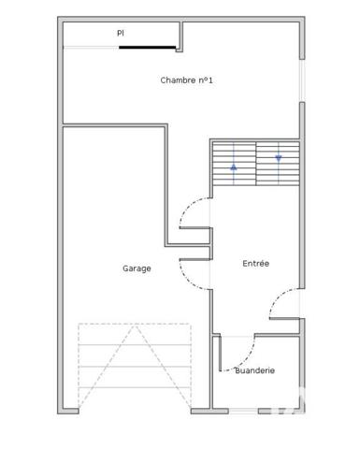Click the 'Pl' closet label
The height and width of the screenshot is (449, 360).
(120, 33)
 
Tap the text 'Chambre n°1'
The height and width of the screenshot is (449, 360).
(187, 80)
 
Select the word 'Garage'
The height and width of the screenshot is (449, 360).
(137, 268)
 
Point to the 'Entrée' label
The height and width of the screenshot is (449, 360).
(255, 264)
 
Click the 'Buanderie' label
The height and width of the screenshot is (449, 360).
(254, 370)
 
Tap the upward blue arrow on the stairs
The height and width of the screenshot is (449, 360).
(233, 169)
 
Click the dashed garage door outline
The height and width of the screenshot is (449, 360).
(135, 365)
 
